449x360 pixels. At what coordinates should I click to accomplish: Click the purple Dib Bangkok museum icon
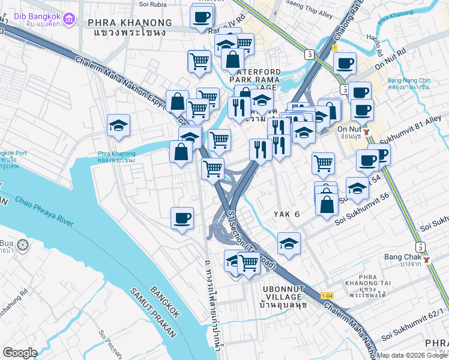[x=70, y=20]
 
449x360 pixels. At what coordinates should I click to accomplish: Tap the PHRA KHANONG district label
[x=130, y=23]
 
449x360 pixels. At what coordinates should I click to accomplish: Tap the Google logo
[x=20, y=352]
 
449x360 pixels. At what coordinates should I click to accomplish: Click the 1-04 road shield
[x=327, y=296]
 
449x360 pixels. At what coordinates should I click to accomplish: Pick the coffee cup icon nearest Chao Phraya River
[x=182, y=218]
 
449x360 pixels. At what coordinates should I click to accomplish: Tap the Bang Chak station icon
[x=426, y=259]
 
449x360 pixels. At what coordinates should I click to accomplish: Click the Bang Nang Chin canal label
[x=408, y=83]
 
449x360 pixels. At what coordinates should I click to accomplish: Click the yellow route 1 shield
[x=334, y=47]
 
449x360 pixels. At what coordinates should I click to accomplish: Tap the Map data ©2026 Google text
[x=412, y=355]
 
